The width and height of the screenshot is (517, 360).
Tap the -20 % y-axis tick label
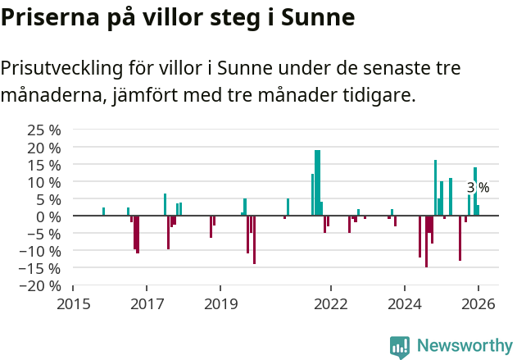tap(41, 286)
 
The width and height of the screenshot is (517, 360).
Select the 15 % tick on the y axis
tap(44, 165)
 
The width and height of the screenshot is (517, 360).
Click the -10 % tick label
tap(41, 251)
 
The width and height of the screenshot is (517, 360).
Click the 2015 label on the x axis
tap(73, 304)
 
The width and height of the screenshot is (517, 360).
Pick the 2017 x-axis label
tap(147, 304)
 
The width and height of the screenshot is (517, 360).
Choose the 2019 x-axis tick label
tap(220, 304)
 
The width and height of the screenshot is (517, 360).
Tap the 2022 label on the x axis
tap(331, 304)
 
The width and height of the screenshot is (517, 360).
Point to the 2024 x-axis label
tap(405, 304)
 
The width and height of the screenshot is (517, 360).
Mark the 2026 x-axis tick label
tap(478, 304)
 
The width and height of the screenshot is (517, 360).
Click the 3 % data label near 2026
tap(478, 188)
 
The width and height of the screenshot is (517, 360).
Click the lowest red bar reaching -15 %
tap(426, 241)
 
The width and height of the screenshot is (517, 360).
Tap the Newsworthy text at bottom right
tap(465, 346)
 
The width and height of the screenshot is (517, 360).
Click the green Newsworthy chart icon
tap(400, 347)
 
